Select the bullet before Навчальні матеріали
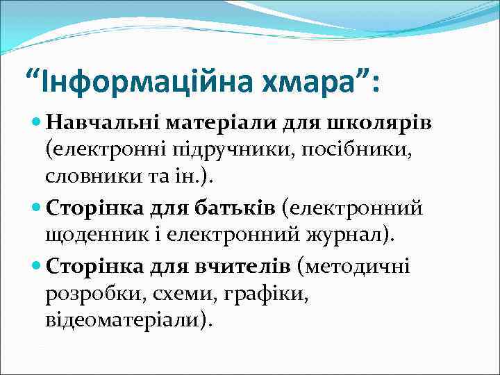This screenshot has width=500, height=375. pyautogui.click(x=37, y=124)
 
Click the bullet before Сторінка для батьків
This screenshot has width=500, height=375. pyautogui.click(x=37, y=207)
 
